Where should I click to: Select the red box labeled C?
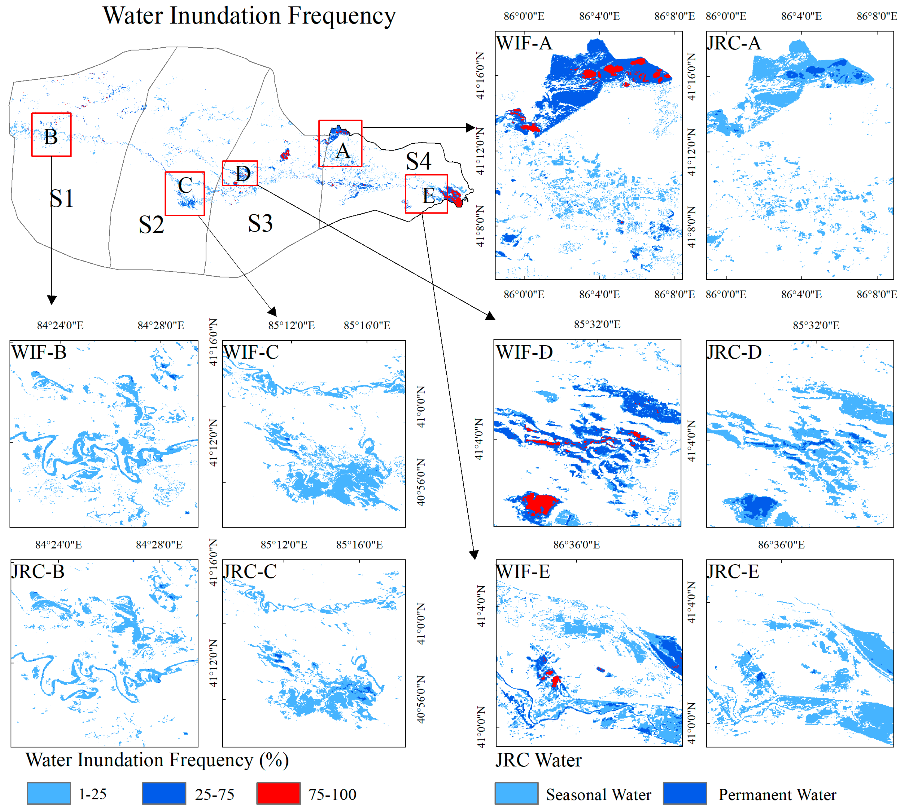pos(185,194)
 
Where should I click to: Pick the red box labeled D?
pos(240,173)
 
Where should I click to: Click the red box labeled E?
pos(426,194)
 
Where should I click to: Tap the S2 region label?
pos(151,225)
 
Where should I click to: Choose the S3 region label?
pos(260,223)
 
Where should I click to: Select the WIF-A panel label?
pos(524,43)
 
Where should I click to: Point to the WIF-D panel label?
pos(524,352)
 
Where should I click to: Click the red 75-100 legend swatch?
pos(278,793)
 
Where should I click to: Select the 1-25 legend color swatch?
pos(48,793)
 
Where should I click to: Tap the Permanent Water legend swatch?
pos(685,793)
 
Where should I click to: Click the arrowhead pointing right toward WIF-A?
pos(470,128)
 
